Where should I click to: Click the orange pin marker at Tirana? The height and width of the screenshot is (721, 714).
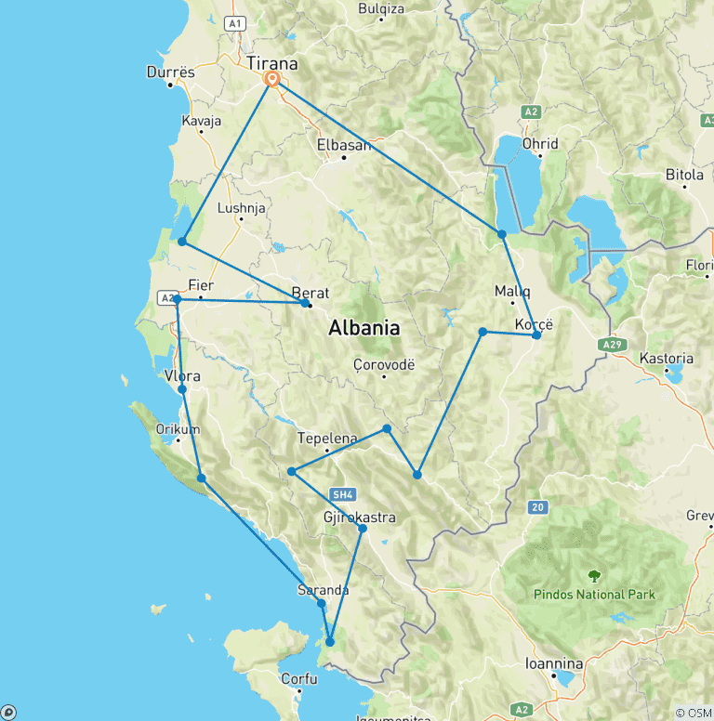(x=272, y=80)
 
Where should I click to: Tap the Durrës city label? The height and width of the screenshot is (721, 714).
(x=171, y=72)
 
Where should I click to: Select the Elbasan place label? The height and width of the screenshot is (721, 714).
(x=343, y=145)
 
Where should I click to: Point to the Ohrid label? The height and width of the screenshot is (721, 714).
(x=539, y=143)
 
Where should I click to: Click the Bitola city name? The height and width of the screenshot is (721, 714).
(x=685, y=174)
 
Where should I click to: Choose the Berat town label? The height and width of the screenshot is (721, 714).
(x=311, y=292)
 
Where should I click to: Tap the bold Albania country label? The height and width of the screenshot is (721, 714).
(x=364, y=328)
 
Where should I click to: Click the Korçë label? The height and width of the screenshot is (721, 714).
(x=534, y=324)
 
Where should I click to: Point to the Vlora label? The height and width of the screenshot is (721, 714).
(x=182, y=376)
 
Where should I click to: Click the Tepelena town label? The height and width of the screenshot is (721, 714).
(x=327, y=439)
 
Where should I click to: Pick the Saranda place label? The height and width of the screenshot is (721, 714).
(x=323, y=589)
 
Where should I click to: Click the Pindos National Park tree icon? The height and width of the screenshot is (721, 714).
(x=594, y=576)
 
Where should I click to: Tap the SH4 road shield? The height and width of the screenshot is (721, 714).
(x=340, y=495)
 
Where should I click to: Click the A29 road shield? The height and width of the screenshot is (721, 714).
(x=611, y=345)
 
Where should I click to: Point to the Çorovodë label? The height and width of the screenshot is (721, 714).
(x=383, y=364)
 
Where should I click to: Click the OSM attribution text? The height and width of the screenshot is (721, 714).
(x=692, y=713)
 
